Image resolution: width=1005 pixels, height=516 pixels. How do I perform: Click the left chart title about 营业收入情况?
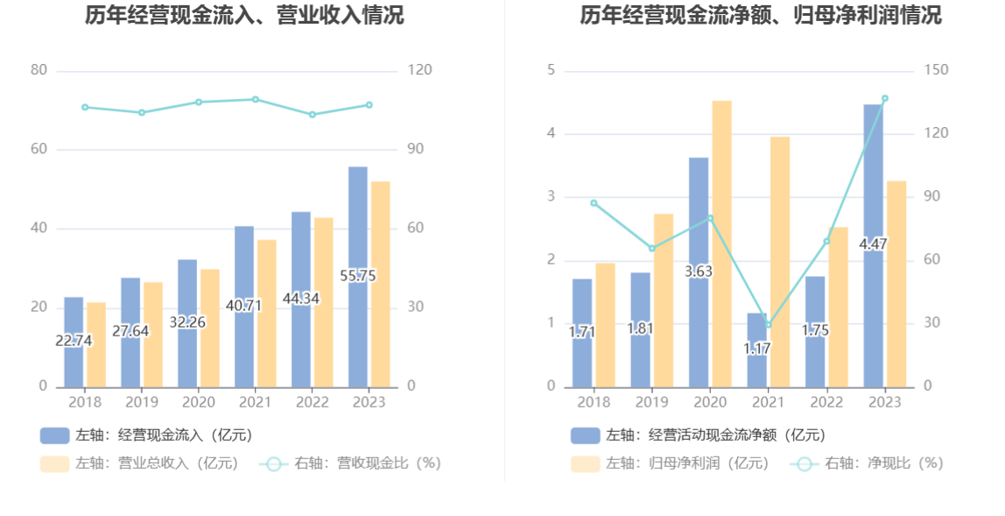click(244, 15)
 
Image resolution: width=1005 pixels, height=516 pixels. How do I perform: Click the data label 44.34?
click(301, 298)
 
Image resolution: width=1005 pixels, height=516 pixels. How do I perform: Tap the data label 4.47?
click(873, 244)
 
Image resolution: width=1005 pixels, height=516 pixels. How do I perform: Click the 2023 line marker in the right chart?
click(884, 99)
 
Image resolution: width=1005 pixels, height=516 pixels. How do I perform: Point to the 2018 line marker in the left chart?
click(85, 108)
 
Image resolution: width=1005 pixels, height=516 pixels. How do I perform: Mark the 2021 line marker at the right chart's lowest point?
click(769, 325)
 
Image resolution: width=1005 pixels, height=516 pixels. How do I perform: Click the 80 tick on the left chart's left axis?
click(39, 70)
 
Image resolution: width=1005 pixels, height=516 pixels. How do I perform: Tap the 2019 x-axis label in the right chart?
click(651, 402)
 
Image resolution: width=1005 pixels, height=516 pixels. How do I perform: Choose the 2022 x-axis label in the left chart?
click(312, 402)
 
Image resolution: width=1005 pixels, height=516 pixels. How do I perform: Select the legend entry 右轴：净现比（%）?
click(867, 463)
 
